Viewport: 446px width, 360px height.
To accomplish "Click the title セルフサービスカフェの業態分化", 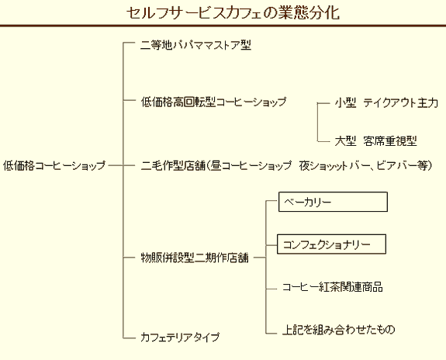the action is pyautogui.click(x=233, y=12).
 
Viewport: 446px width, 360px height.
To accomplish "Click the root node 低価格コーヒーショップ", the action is pyautogui.click(x=54, y=165).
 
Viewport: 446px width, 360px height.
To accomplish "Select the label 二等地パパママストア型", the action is pyautogui.click(x=195, y=45).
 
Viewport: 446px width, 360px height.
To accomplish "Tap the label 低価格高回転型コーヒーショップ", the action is pyautogui.click(x=213, y=102).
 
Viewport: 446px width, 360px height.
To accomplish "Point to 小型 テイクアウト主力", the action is pyautogui.click(x=386, y=102).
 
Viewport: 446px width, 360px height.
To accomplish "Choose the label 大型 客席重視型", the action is pyautogui.click(x=375, y=141).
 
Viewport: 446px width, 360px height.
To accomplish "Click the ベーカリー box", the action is pyautogui.click(x=333, y=202).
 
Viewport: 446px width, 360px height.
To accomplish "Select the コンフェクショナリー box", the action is pyautogui.click(x=331, y=244).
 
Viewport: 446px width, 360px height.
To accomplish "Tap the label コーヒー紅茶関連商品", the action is pyautogui.click(x=332, y=287).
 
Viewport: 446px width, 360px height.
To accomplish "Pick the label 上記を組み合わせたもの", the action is pyautogui.click(x=338, y=329).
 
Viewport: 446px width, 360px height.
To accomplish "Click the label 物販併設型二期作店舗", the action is pyautogui.click(x=195, y=258).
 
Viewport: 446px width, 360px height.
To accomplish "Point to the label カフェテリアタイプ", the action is pyautogui.click(x=180, y=337).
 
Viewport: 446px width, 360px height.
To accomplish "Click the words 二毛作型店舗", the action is pyautogui.click(x=173, y=165).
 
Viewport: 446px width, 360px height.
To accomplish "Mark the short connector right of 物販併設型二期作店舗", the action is pyautogui.click(x=259, y=258).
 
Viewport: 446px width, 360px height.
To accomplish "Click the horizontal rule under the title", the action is pyautogui.click(x=223, y=26).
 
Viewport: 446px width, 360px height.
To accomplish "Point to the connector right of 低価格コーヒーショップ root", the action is pyautogui.click(x=116, y=165).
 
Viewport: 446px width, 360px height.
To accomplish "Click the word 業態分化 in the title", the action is pyautogui.click(x=309, y=12).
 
